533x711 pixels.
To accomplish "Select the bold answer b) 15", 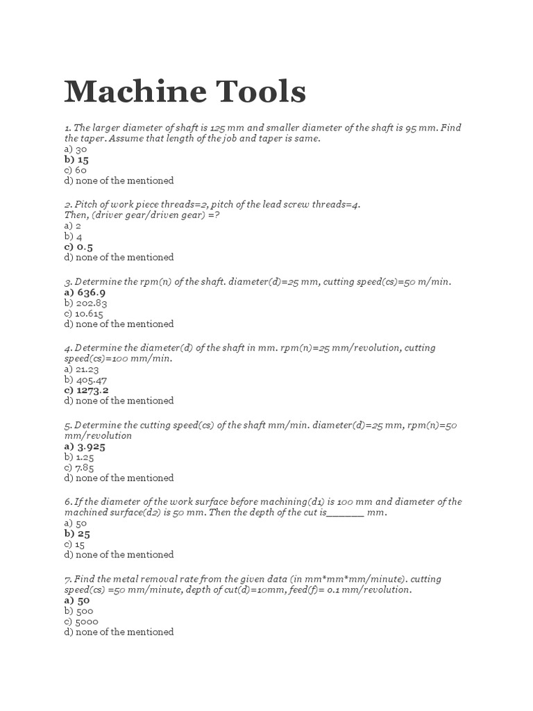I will coord(76,159).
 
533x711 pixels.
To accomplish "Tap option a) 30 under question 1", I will coord(76,149).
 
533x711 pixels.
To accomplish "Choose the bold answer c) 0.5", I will coord(78,246).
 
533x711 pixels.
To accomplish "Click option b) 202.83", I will coord(85,303).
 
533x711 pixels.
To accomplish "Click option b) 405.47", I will coord(85,380).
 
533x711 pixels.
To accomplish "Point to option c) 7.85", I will coord(79,467).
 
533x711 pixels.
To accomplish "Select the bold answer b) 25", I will coord(77,534).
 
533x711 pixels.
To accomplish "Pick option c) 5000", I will coord(81,621).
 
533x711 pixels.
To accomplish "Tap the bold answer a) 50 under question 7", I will coord(77,601).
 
